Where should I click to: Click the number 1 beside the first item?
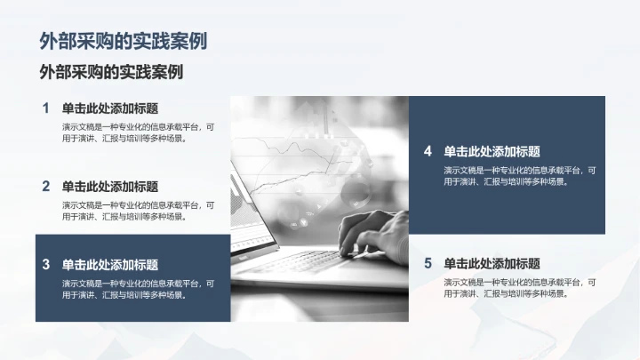45,108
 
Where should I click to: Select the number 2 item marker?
45,187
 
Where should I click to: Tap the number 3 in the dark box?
45,264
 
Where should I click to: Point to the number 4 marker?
428,151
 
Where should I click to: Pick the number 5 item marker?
428,263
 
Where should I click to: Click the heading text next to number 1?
109,108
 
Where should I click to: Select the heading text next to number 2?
109,187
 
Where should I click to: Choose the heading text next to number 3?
109,264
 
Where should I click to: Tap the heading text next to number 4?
492,151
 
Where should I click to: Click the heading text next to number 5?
492,263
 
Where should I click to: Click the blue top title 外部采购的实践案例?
124,41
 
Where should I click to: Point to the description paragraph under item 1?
138,132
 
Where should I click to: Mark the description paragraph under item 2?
138,210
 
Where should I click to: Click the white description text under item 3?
138,289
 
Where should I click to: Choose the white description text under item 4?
520,175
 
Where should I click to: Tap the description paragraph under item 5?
520,287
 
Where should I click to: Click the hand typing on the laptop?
373,233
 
